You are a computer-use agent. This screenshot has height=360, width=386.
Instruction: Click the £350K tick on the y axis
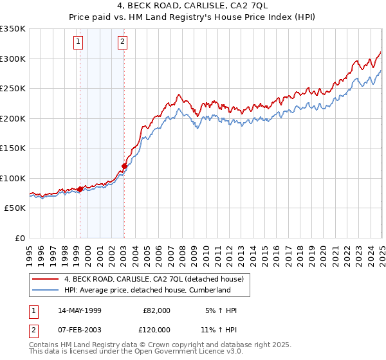tap(13, 29)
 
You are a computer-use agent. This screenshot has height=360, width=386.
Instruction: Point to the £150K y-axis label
tap(13, 148)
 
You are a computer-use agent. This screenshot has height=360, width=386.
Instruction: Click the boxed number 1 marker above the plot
tap(78, 43)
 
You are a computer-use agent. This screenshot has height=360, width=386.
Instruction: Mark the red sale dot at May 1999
tap(80, 189)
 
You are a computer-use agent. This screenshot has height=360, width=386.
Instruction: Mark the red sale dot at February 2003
tap(124, 166)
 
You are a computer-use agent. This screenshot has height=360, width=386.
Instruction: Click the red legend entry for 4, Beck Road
tap(154, 279)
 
